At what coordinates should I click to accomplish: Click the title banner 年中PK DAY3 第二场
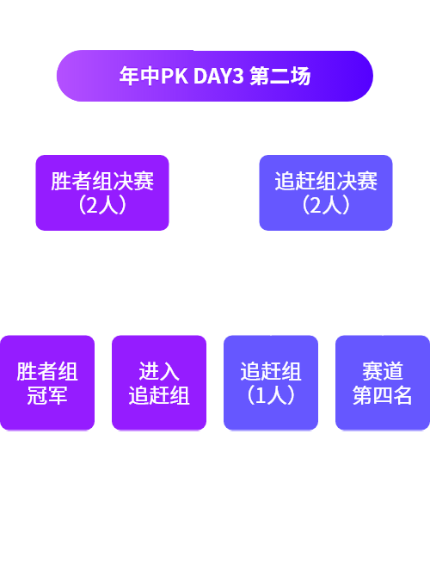pos(215,76)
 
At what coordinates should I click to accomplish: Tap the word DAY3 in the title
pos(218,76)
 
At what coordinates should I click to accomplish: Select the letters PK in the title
pos(175,76)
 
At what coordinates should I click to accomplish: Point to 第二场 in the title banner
pos(280,76)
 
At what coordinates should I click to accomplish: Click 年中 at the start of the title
pos(139,76)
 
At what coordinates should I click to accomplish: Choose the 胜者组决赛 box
pos(102,193)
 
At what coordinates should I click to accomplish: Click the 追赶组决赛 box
pos(326,193)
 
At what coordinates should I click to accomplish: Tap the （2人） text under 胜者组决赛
pos(102,205)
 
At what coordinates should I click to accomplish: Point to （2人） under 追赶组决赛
pos(326,205)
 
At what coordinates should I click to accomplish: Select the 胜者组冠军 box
pos(47,382)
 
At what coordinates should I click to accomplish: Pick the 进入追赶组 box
pos(159,382)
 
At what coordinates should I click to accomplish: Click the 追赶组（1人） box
pos(271,382)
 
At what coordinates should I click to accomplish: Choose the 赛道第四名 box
pos(383,382)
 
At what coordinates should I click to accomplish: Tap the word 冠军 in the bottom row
pos(47,395)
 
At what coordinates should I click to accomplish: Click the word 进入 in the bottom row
pos(159,371)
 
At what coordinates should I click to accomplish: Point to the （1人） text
pos(271,395)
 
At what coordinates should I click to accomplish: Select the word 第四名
pos(383,395)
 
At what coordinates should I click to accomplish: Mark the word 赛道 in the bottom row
pos(383,371)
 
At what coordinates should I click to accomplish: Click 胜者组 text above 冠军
pos(47,371)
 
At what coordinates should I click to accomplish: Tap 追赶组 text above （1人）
pos(271,371)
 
